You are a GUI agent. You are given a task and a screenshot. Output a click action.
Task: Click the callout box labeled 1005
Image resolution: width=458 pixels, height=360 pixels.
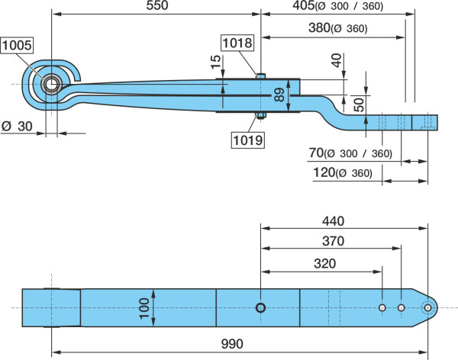(17, 45)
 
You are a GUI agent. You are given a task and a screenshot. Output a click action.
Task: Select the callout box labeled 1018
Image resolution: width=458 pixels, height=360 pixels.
(237, 43)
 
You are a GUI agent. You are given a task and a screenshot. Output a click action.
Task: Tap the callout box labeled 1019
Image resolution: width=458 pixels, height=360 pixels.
(248, 140)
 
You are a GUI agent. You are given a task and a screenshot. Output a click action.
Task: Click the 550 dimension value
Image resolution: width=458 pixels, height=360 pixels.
(157, 5)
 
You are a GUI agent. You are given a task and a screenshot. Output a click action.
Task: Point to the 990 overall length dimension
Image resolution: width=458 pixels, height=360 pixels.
(232, 344)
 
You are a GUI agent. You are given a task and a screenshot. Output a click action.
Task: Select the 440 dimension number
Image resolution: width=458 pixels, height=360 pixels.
(333, 221)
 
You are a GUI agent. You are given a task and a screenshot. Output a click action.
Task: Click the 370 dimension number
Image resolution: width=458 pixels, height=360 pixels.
(333, 241)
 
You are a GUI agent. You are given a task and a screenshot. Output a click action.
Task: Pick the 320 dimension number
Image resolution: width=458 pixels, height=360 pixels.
(325, 264)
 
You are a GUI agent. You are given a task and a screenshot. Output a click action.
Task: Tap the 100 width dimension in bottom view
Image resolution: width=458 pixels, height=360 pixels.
(144, 308)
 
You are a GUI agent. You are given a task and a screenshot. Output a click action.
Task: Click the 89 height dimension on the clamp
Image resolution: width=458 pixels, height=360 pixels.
(279, 95)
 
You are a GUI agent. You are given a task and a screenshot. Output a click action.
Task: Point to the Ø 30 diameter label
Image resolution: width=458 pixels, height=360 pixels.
(17, 127)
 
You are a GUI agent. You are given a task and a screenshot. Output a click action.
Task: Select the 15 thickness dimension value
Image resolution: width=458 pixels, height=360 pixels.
(216, 62)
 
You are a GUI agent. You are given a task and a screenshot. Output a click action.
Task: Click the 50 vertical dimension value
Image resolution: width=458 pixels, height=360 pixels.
(359, 104)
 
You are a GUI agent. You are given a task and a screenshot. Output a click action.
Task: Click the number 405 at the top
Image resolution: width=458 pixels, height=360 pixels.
(304, 5)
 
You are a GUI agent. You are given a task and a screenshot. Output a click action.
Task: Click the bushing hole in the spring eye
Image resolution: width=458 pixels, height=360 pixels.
(52, 85)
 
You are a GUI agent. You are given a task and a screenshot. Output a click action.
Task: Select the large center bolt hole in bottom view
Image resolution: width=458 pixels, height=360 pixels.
(260, 307)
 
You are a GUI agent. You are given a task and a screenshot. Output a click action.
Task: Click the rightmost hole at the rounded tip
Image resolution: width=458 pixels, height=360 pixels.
(428, 307)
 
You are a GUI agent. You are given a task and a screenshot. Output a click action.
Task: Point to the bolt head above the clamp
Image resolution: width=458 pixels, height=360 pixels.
(261, 76)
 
